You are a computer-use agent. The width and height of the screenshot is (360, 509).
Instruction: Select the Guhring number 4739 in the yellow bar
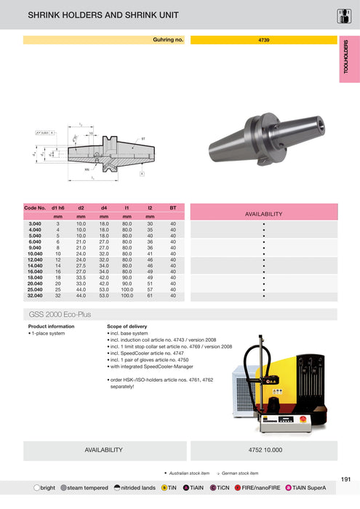(264, 40)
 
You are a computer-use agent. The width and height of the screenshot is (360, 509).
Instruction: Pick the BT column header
(172, 208)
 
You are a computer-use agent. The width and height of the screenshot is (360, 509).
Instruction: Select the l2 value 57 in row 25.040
(150, 289)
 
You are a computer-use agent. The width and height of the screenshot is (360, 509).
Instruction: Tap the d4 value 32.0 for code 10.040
(104, 253)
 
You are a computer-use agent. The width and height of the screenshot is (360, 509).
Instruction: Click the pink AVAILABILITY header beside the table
(263, 214)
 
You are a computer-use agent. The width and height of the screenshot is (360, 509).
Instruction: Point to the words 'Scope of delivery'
(127, 327)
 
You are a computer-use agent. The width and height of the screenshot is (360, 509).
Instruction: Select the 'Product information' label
(51, 327)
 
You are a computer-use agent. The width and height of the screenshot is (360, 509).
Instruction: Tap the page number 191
(345, 478)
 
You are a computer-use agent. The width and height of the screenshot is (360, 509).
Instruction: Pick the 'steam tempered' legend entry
(85, 488)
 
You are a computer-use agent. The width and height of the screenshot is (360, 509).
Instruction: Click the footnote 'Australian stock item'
(189, 473)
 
